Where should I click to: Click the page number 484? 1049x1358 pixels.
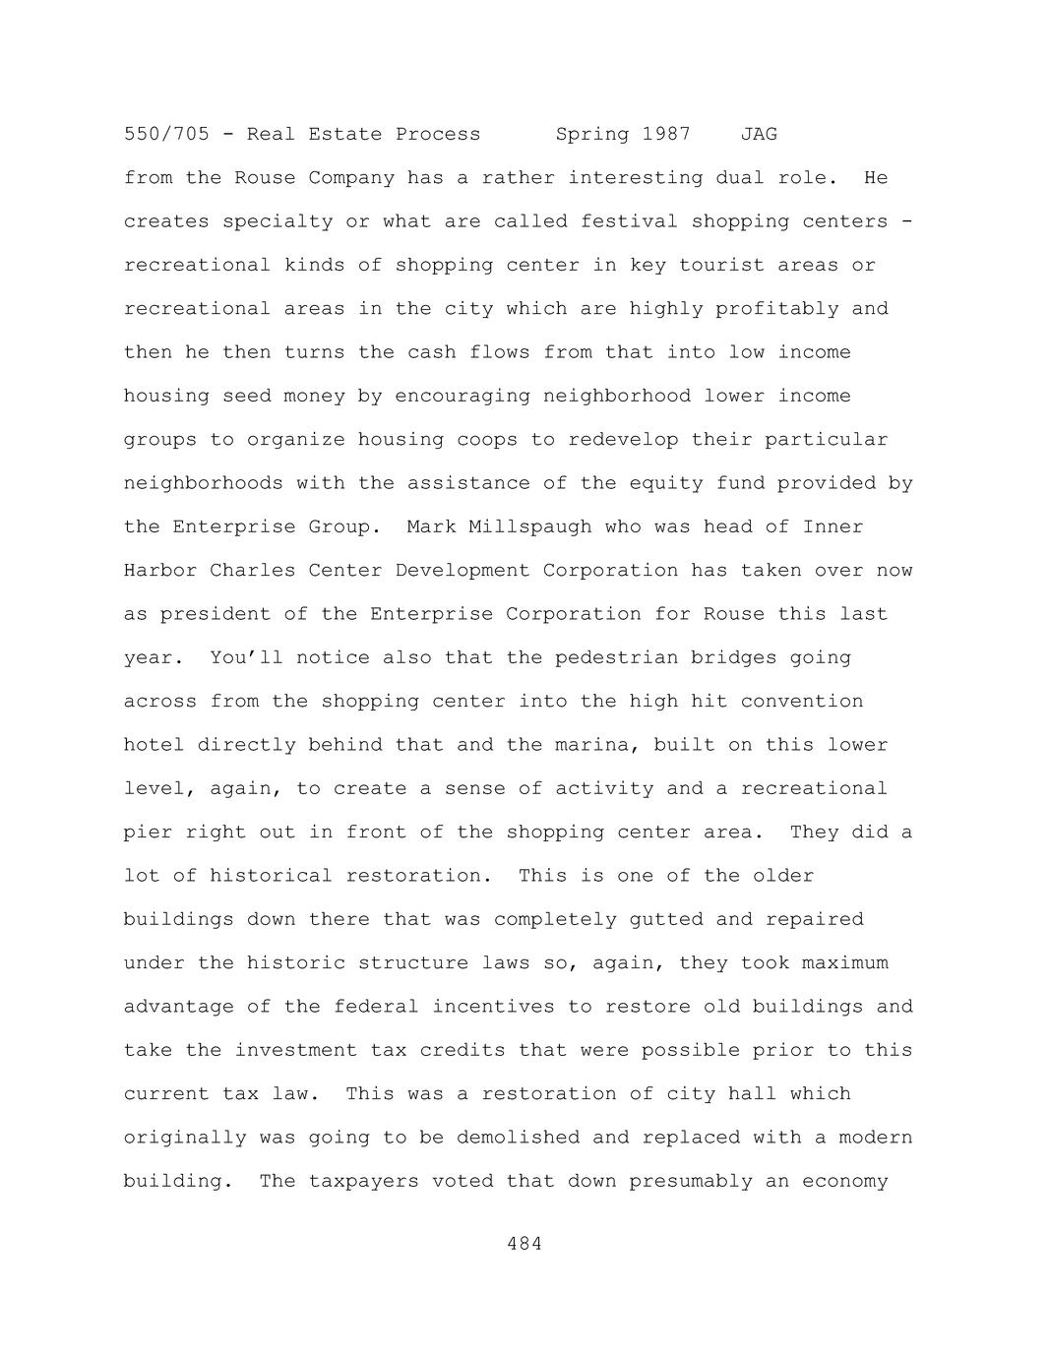(x=524, y=1244)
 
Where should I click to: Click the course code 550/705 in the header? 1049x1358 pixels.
(x=166, y=134)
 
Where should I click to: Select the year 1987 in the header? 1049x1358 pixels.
(x=666, y=134)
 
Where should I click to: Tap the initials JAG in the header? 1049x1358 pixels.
(x=759, y=134)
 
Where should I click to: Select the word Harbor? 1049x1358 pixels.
(x=160, y=571)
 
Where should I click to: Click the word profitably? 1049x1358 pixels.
(x=776, y=309)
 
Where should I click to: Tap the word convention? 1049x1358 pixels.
(x=802, y=702)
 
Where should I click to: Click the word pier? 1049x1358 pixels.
(x=148, y=833)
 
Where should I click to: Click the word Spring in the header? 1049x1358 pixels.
(x=592, y=134)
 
